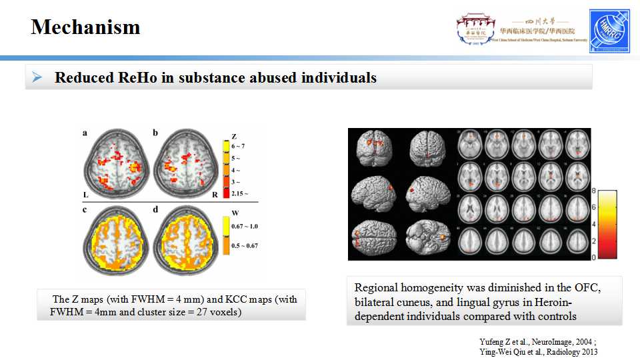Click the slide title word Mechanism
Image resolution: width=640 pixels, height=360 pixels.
coord(85,27)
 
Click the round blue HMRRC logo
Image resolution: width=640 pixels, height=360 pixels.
coord(609,31)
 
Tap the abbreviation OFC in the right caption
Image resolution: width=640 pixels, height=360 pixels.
coord(584,288)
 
